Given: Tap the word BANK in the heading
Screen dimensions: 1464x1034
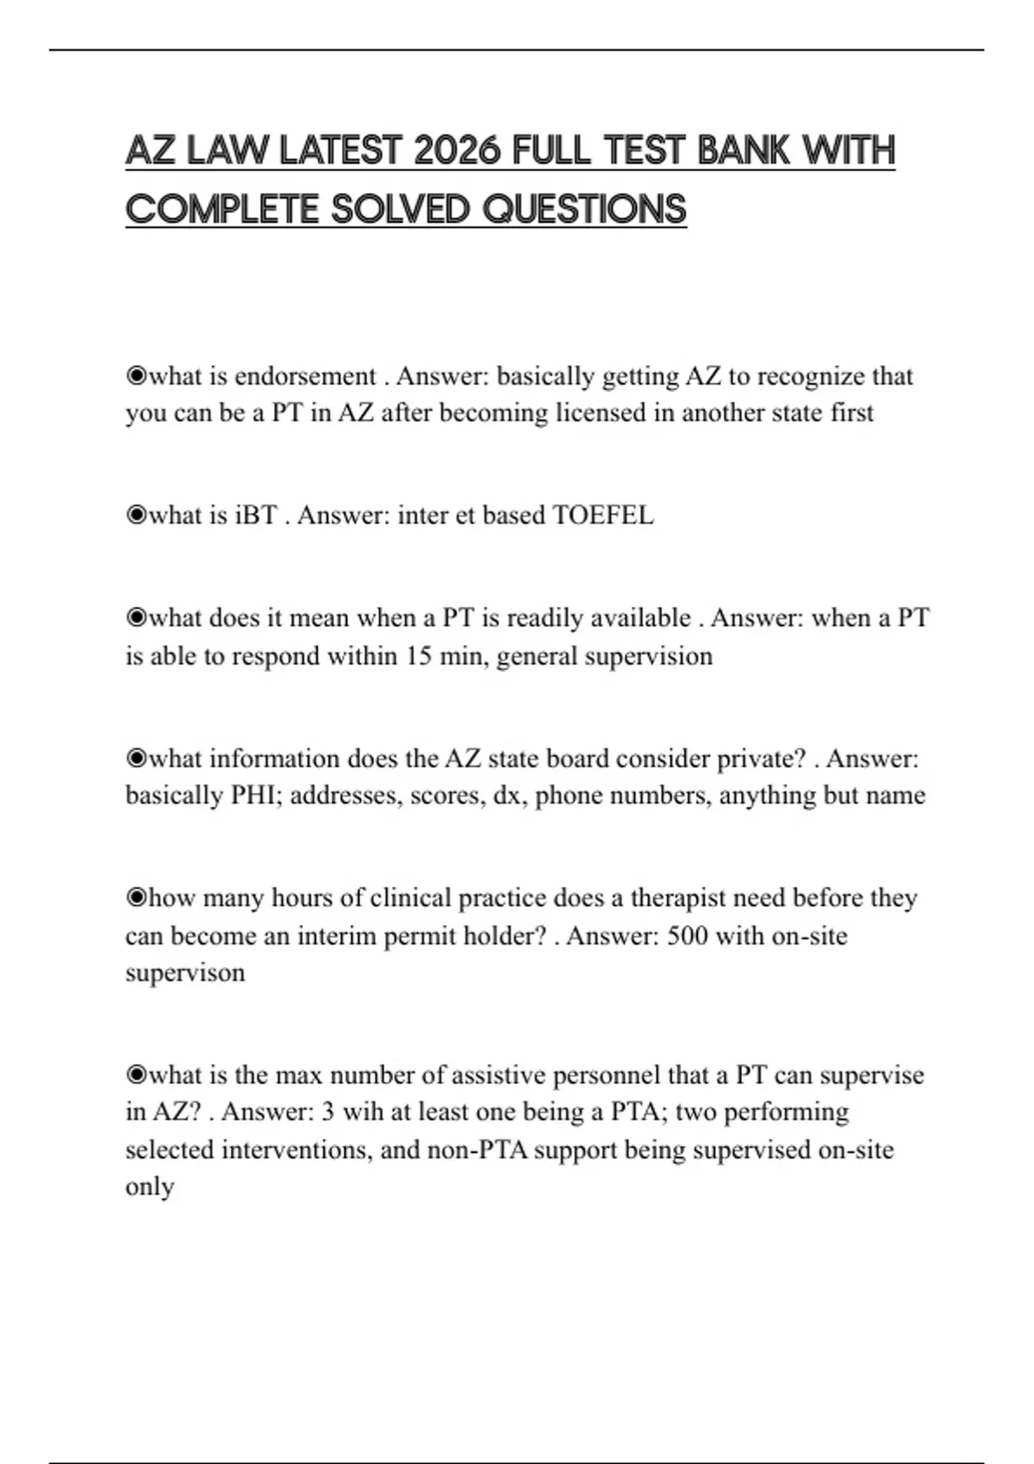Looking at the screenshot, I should click(743, 152).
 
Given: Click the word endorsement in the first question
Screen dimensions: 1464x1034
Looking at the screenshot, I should click(305, 376).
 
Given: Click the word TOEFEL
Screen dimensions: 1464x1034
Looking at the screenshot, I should click(602, 515).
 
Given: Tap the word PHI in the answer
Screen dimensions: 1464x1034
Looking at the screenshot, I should click(255, 795).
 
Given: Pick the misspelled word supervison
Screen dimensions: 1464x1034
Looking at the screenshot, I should click(185, 972).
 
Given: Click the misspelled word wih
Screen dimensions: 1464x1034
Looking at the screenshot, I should click(363, 1112).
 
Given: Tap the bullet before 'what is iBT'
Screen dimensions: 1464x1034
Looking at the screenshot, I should click(136, 515).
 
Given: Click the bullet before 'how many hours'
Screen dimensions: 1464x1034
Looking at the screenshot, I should click(136, 897).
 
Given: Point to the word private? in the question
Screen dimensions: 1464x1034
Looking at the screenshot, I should click(767, 758).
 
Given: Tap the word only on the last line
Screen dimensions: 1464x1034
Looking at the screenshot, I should click(150, 1187).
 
